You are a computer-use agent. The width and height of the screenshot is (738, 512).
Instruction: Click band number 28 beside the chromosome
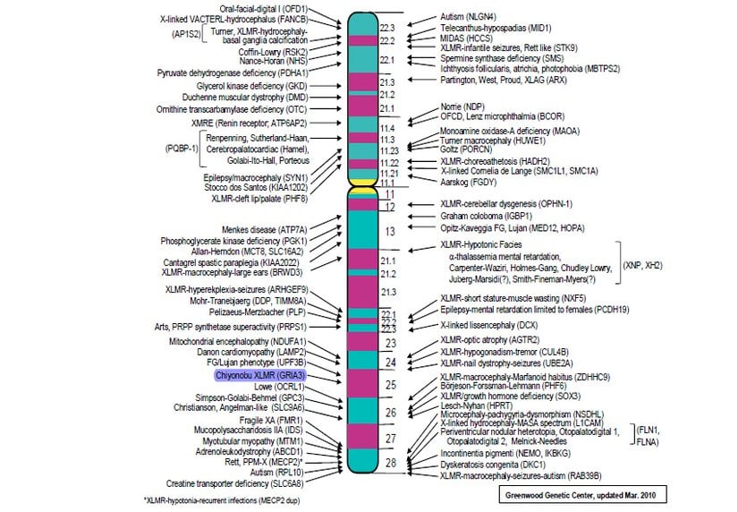[x=389, y=463]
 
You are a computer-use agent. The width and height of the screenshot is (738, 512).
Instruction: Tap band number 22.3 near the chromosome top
[x=387, y=28]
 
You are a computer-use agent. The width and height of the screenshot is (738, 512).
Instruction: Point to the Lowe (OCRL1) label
[x=281, y=387]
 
